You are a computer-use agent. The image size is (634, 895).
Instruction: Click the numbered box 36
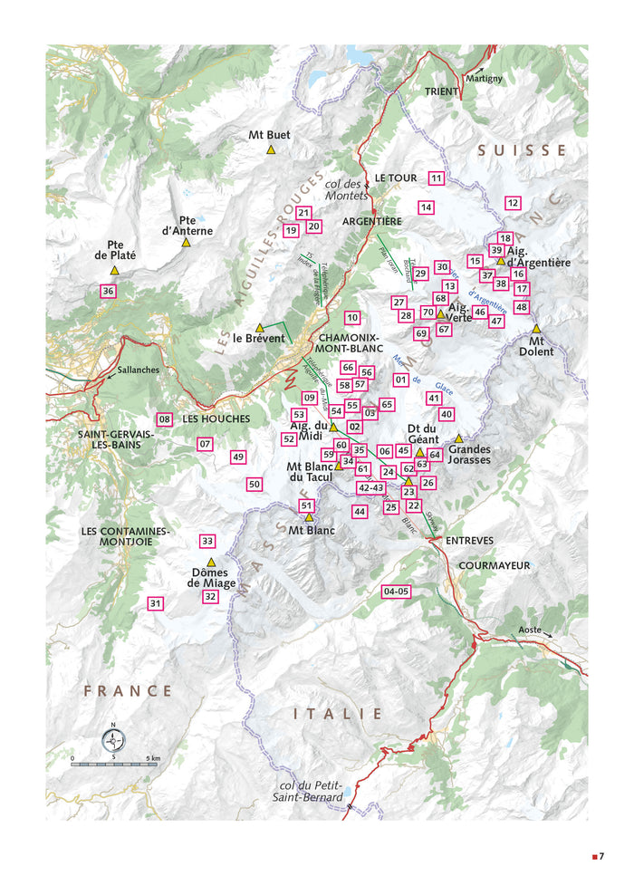tap(108, 291)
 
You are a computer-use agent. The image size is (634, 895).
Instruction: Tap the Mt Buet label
tap(269, 135)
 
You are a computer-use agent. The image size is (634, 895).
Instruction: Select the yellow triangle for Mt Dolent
tap(536, 329)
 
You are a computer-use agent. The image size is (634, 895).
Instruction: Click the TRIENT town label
tap(443, 91)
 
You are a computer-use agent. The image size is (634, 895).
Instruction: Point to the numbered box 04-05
tap(397, 592)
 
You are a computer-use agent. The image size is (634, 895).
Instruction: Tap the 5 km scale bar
tap(114, 764)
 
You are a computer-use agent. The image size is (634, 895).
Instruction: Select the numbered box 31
tap(155, 603)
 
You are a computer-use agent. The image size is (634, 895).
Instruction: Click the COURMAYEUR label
tap(494, 565)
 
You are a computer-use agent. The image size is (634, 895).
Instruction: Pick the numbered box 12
tap(513, 203)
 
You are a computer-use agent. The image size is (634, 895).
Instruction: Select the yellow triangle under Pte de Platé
tap(114, 270)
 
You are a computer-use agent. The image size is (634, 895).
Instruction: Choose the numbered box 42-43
tap(371, 487)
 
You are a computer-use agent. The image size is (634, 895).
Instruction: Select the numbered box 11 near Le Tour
tap(437, 178)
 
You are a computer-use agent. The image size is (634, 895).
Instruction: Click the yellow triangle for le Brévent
tap(259, 327)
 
